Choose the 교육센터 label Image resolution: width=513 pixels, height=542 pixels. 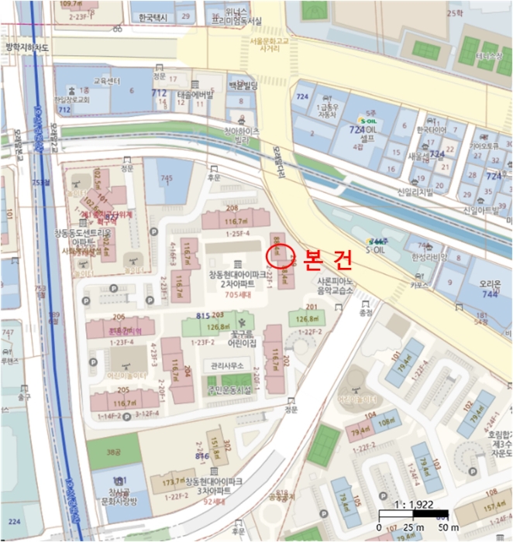[108, 80]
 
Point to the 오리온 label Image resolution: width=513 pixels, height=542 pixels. [488, 283]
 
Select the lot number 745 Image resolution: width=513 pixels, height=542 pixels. [166, 178]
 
